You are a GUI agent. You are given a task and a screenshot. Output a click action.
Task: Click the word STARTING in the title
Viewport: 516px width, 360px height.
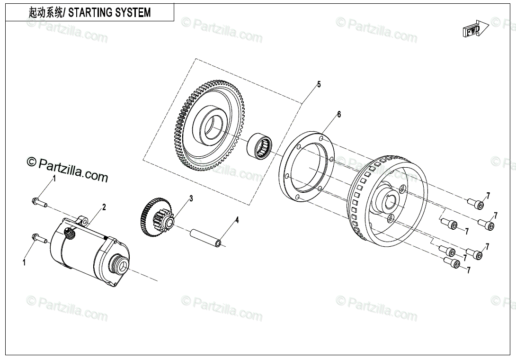(90, 13)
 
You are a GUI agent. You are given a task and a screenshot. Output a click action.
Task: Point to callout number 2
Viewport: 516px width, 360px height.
(104, 207)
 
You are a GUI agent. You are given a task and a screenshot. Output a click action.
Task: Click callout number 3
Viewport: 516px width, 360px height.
(191, 198)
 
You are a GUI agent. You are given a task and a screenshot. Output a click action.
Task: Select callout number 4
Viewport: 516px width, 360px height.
(237, 220)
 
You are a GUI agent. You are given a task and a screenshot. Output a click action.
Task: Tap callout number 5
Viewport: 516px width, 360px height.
(319, 84)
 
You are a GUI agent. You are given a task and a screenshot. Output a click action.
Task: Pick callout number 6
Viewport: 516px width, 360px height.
(338, 115)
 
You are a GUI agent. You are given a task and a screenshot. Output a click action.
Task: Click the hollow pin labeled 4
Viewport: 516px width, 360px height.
(206, 237)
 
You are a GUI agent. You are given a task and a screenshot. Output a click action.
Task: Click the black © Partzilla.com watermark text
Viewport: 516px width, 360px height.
(68, 169)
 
